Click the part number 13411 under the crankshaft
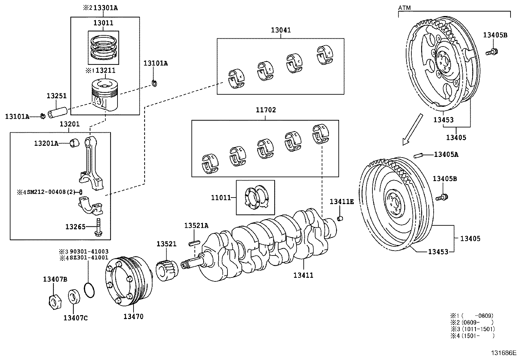click(x=303, y=275)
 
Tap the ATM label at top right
click(x=404, y=7)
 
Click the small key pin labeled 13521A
click(x=194, y=243)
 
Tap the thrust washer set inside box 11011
click(x=256, y=197)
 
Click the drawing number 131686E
click(x=503, y=353)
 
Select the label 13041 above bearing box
click(x=280, y=30)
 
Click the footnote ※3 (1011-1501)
click(x=472, y=329)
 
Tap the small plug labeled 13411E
click(x=340, y=218)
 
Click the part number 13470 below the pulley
click(x=133, y=316)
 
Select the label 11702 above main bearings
click(x=265, y=110)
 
